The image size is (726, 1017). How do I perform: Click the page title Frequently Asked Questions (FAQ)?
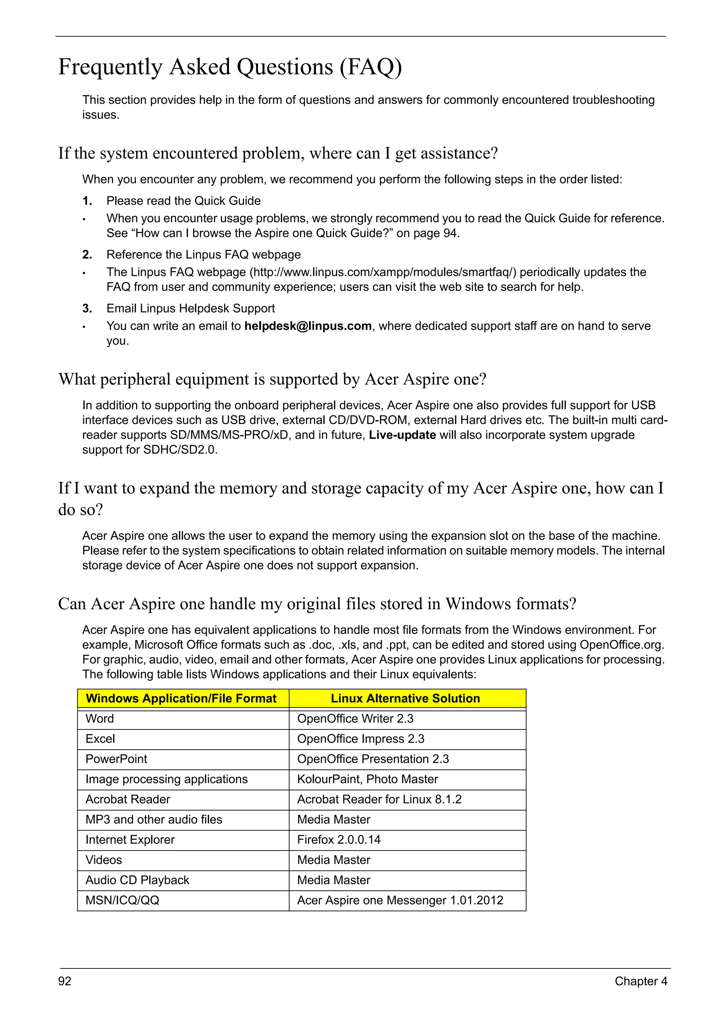coord(230,67)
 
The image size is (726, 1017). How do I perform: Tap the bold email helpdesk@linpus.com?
coord(308,326)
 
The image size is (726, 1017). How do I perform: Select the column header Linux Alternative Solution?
coord(405,698)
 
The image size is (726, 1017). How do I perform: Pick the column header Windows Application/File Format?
coord(181,698)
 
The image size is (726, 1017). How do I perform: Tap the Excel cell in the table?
coord(100,739)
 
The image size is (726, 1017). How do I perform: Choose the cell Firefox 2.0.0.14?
coord(339,839)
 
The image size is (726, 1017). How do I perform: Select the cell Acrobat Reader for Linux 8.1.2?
coord(379,799)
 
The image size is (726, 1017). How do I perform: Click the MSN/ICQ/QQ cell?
coord(122,900)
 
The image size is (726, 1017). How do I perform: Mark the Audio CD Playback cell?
coord(137,880)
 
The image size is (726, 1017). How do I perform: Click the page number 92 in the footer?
coord(65,981)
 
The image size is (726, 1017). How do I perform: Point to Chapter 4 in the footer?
coord(641,981)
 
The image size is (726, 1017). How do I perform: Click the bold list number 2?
coord(87,255)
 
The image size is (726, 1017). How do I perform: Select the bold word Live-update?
coord(402,435)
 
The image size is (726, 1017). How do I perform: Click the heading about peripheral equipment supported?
coord(272,379)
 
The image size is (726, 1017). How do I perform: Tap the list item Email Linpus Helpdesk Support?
coord(190,308)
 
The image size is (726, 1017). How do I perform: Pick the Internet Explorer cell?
coord(130,839)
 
